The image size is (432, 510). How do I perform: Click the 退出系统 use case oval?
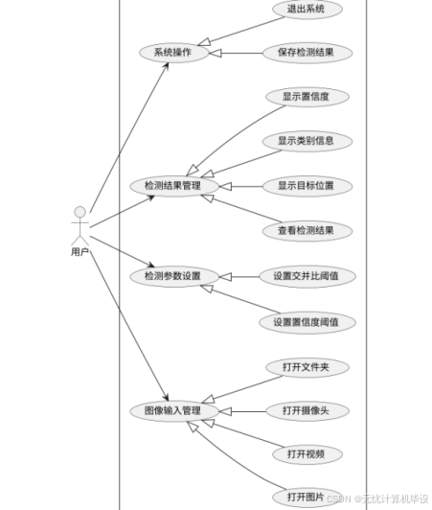click(307, 10)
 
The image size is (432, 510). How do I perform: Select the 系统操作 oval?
click(174, 53)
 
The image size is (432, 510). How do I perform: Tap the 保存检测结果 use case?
click(307, 53)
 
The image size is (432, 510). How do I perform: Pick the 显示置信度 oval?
click(307, 97)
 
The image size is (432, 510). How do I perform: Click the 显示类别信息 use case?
click(307, 141)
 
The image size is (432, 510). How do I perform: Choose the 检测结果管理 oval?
click(174, 186)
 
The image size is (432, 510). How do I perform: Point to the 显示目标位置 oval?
click(307, 186)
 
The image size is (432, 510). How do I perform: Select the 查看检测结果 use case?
click(307, 231)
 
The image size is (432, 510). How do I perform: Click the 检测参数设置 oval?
click(174, 277)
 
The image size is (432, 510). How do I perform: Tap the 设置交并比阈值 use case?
click(307, 276)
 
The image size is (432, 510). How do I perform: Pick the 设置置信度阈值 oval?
click(307, 322)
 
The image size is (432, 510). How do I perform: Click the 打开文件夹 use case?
click(307, 367)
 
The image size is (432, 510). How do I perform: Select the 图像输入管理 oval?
click(174, 411)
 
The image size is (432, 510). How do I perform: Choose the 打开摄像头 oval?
click(307, 411)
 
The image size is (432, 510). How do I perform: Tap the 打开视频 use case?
click(307, 454)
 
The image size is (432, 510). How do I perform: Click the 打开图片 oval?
click(307, 498)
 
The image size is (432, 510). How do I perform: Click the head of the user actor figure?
click(80, 212)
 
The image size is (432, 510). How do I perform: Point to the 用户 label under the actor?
click(80, 252)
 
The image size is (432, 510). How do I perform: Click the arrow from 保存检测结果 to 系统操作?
click(236, 53)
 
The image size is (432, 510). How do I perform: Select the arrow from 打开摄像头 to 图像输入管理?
click(242, 411)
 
